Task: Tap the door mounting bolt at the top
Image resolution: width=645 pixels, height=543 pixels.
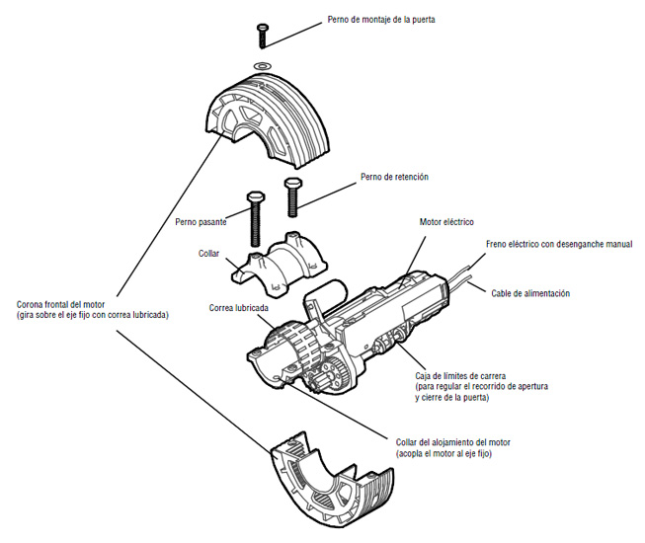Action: (263, 34)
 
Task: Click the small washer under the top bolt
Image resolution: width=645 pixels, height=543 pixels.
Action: (262, 65)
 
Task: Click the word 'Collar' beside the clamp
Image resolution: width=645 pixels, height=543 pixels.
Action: (208, 253)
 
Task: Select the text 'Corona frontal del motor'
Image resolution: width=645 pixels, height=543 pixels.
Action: (67, 304)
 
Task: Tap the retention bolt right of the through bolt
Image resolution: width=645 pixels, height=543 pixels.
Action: (291, 196)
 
